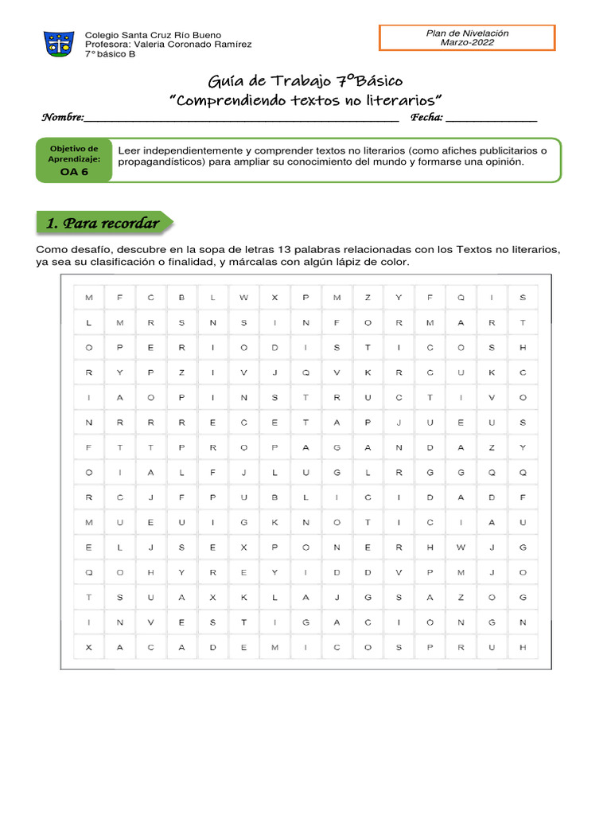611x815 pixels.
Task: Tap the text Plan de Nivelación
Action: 467,33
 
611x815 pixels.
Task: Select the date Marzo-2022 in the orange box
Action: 467,42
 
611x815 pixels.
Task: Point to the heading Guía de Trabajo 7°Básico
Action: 305,81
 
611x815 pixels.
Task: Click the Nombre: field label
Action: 62,118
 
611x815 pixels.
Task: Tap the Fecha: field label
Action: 426,118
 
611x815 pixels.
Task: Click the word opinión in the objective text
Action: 504,162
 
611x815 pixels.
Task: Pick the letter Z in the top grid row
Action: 368,298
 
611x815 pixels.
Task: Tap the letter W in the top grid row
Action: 243,298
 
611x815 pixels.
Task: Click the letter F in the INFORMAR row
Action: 337,322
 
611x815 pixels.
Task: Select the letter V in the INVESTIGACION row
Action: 150,622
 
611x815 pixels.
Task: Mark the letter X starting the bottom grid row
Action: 88,647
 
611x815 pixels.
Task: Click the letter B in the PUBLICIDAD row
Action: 274,497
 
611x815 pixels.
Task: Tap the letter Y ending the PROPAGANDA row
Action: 523,447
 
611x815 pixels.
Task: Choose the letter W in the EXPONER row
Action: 461,548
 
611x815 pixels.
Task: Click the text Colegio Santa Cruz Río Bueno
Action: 153,35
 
